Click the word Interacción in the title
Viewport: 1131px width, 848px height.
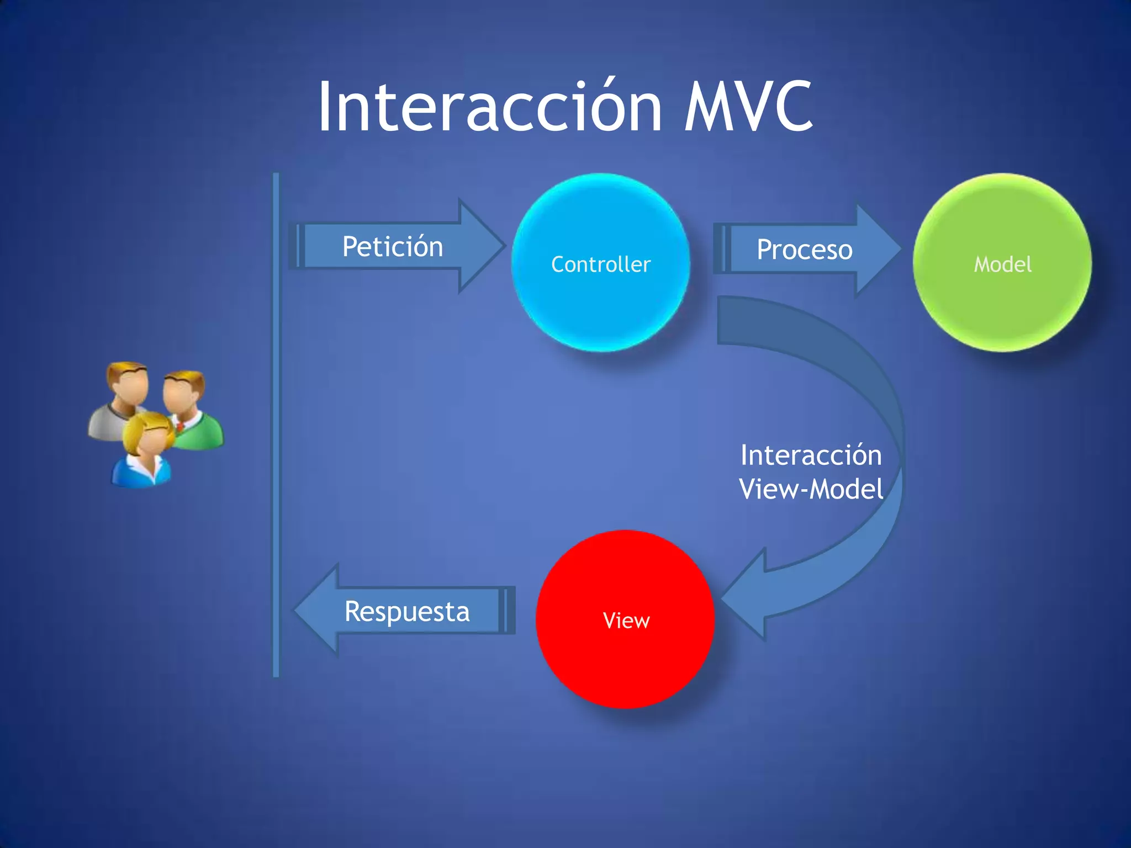tap(489, 106)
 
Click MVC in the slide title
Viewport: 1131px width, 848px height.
tap(748, 106)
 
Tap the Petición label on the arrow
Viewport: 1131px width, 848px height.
tap(393, 246)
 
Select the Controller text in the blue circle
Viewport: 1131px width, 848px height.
tap(601, 264)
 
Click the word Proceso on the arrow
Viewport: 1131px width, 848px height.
tap(804, 250)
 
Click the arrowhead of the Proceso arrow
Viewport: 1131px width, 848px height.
tap(884, 250)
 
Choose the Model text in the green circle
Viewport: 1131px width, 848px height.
tap(1002, 264)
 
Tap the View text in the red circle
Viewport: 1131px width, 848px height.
tap(626, 621)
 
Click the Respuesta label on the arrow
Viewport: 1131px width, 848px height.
tap(407, 612)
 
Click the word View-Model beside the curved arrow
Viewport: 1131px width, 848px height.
tap(811, 489)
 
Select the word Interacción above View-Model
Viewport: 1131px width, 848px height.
tap(811, 455)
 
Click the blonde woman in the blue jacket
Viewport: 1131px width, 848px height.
tap(144, 453)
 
